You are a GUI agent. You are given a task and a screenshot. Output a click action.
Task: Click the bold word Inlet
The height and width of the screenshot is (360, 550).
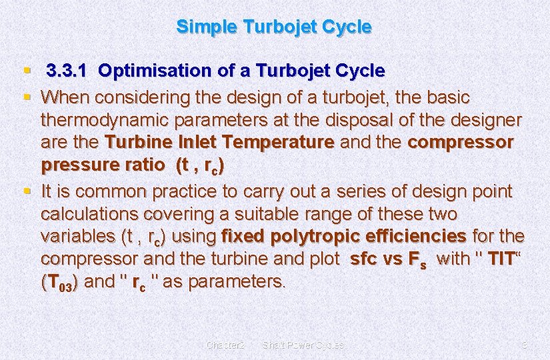pyautogui.click(x=199, y=143)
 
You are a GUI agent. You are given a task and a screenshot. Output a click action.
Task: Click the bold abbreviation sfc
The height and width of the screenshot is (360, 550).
pyautogui.click(x=364, y=259)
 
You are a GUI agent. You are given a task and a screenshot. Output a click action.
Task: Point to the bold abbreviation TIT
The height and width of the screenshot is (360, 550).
pyautogui.click(x=502, y=259)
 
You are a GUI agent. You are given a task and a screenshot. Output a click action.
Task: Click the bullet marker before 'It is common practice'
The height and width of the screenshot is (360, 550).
pyautogui.click(x=27, y=191)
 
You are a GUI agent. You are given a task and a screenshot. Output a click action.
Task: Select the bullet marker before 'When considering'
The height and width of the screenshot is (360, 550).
pyautogui.click(x=27, y=97)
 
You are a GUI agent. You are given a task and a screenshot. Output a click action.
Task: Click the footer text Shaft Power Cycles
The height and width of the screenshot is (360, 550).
pyautogui.click(x=303, y=345)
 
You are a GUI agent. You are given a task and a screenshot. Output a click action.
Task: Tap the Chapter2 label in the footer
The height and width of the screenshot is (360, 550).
pyautogui.click(x=226, y=345)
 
